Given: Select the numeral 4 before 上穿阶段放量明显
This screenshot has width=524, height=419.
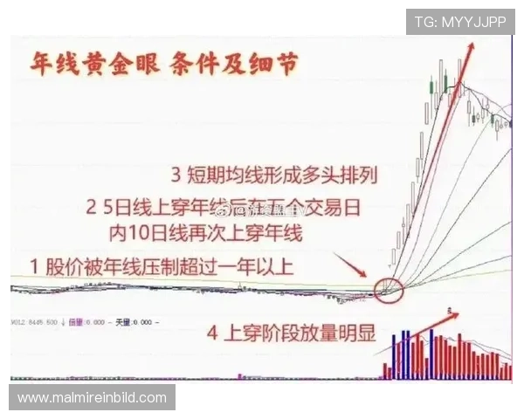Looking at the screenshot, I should click(211, 333).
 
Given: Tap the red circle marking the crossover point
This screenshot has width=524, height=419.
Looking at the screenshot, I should click(390, 289).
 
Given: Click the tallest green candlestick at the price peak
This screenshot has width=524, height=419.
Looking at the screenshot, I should click(446, 83).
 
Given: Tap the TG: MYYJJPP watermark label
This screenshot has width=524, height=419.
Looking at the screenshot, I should click(459, 21).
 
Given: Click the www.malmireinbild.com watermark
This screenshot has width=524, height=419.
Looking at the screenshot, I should click(92, 398).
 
